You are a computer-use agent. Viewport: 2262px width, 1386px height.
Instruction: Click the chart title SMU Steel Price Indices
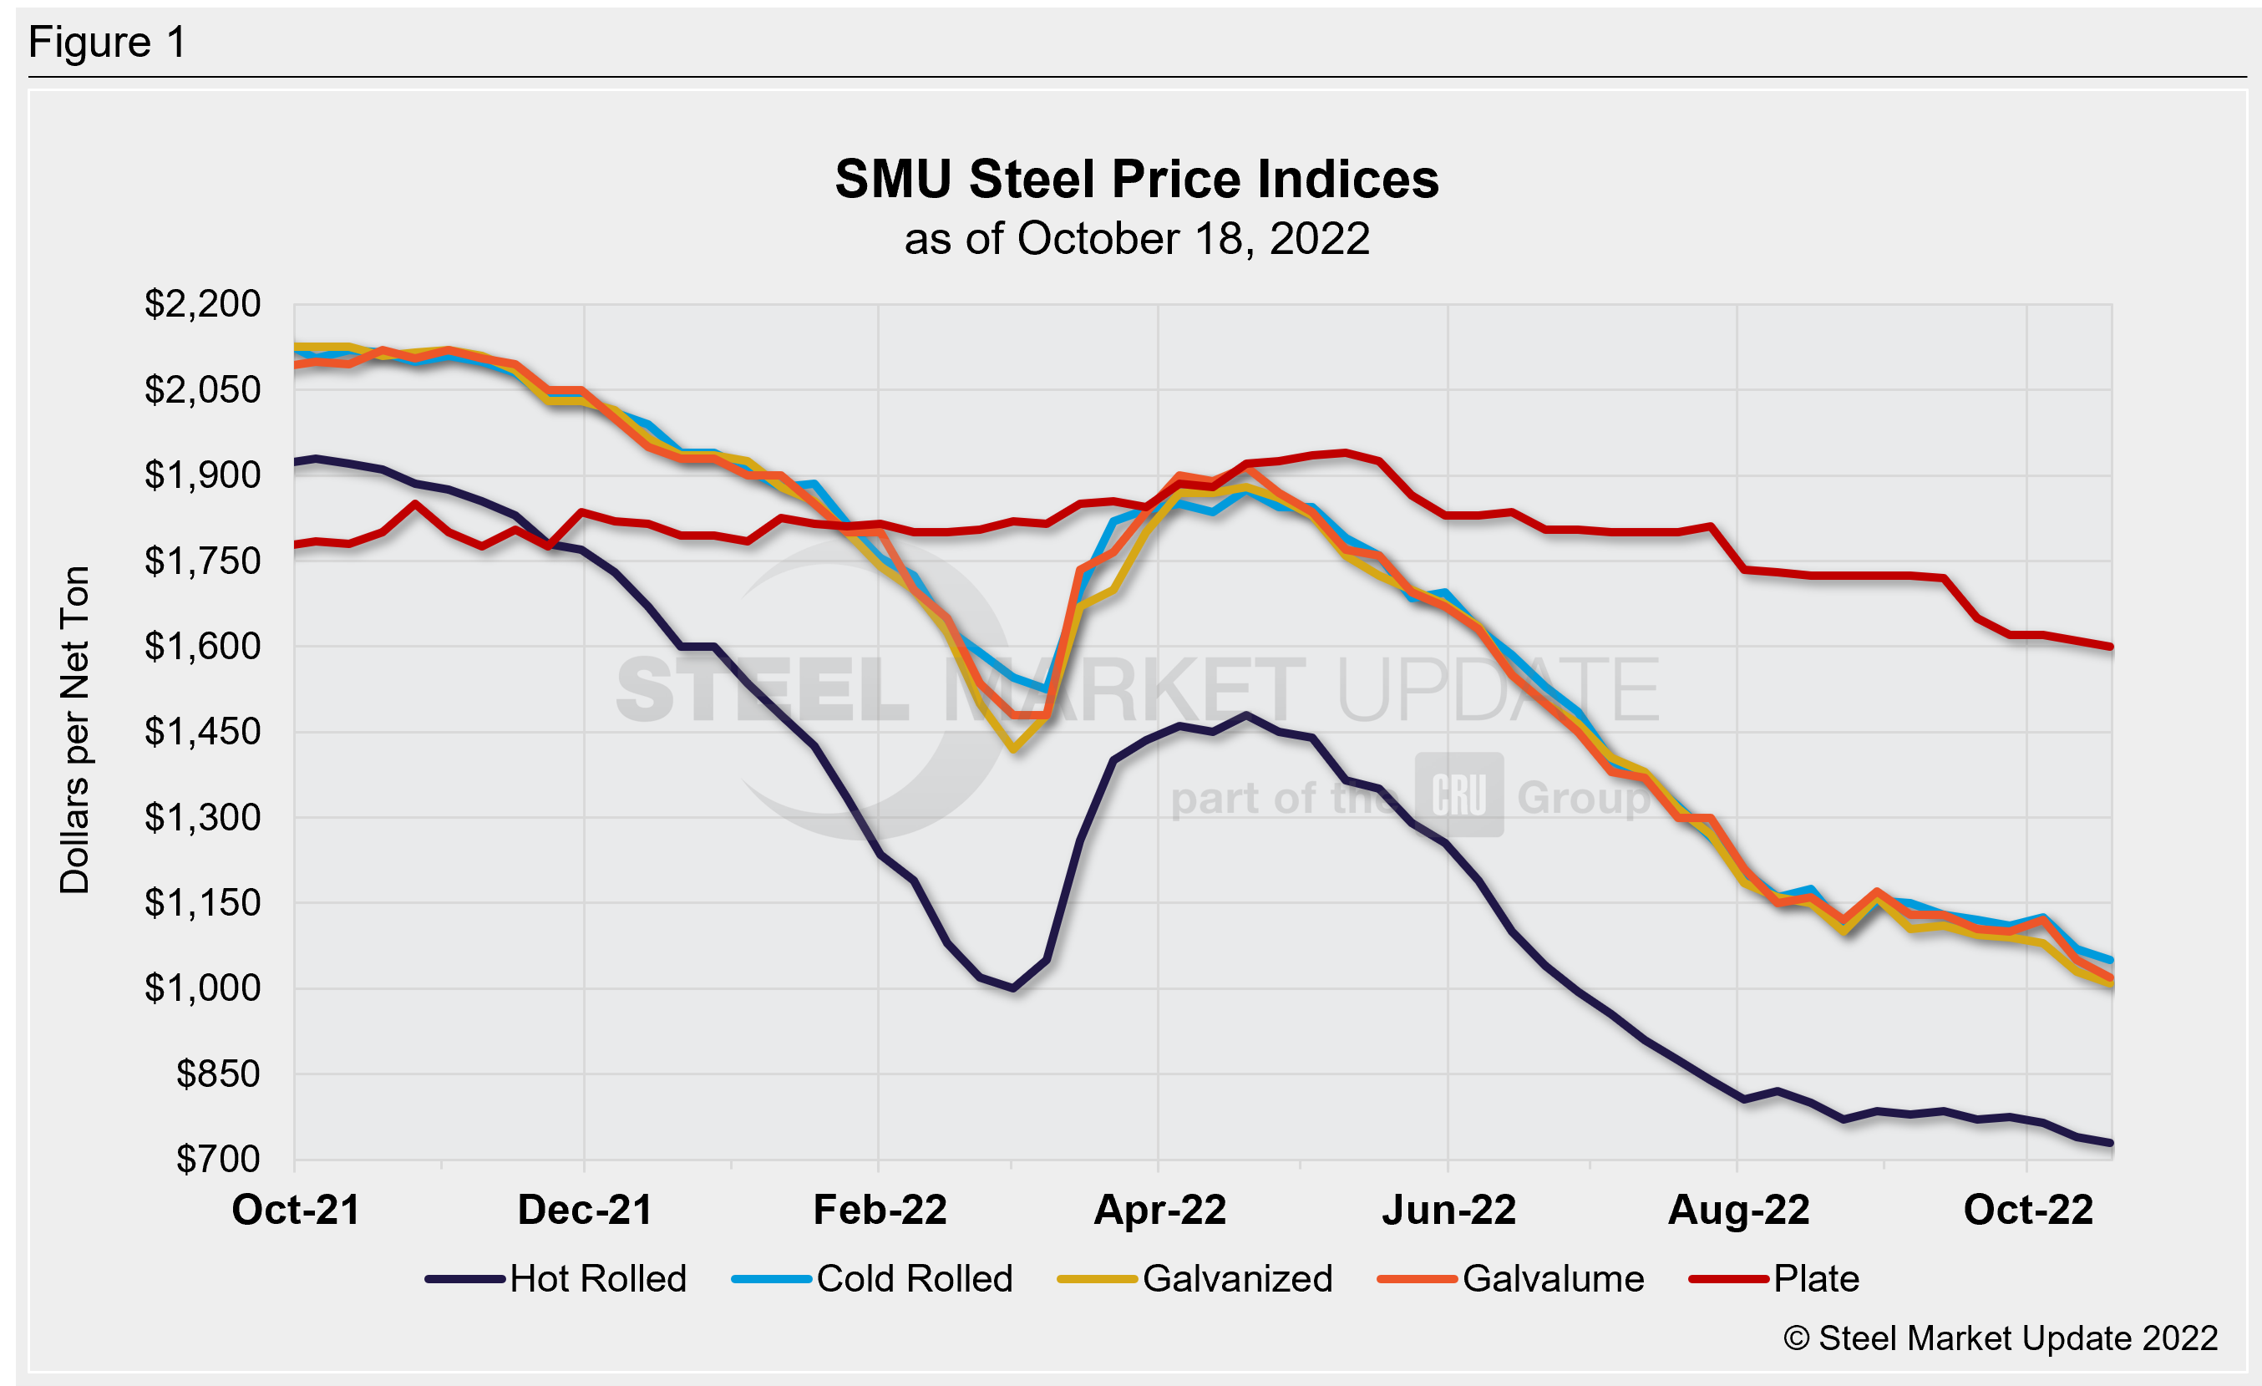(x=1137, y=179)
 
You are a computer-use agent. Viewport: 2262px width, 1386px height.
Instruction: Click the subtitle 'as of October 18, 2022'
(x=1137, y=240)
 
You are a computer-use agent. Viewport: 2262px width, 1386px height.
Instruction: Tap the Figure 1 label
(x=108, y=43)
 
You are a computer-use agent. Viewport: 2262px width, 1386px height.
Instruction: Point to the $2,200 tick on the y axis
(x=203, y=304)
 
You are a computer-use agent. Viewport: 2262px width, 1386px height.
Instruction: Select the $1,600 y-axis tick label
(x=203, y=646)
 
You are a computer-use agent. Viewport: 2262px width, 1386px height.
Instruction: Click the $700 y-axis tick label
(x=219, y=1160)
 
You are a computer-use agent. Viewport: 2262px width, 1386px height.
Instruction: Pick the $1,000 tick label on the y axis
(x=203, y=988)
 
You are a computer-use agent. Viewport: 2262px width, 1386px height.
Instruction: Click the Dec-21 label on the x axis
(x=585, y=1210)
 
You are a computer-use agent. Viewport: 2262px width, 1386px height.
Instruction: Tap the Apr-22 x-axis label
(x=1159, y=1210)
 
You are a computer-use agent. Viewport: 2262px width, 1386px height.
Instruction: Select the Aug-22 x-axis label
(x=1737, y=1210)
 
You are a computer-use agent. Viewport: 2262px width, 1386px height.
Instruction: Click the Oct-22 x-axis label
(x=2028, y=1210)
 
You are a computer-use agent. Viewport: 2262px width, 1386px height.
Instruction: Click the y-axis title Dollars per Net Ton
(x=75, y=729)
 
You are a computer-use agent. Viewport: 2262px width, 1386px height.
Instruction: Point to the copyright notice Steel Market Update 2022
(x=2001, y=1338)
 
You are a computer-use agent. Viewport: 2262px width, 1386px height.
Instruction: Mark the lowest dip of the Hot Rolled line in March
(x=1012, y=988)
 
